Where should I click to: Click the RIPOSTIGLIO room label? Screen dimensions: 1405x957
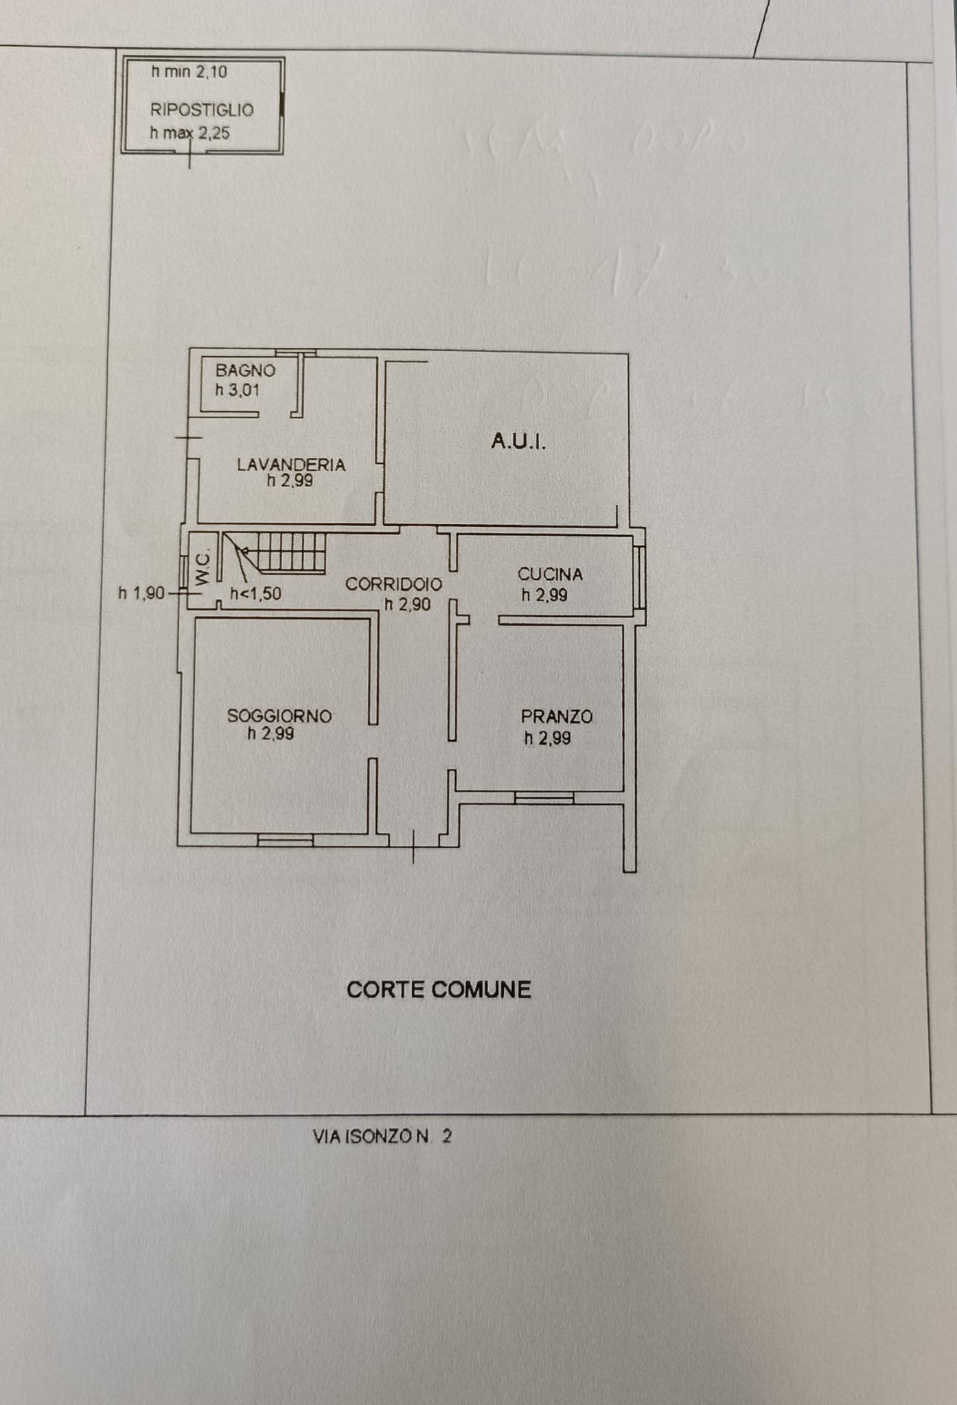[x=202, y=110]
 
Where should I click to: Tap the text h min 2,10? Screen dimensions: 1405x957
[x=189, y=71]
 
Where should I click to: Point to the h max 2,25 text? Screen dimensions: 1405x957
[x=189, y=133]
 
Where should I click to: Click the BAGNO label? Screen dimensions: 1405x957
[x=245, y=370]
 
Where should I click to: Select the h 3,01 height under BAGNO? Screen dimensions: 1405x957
[x=237, y=390]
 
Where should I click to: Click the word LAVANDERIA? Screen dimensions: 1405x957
[x=291, y=464]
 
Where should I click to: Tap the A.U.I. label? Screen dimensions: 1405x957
[x=518, y=441]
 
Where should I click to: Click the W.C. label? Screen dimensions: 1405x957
[x=202, y=569]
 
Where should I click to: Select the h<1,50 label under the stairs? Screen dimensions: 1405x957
[x=255, y=594]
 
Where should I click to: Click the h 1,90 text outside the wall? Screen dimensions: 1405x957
[x=141, y=593]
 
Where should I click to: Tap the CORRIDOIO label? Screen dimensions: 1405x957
[x=393, y=585]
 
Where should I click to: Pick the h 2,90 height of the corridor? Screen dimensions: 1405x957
[x=407, y=604]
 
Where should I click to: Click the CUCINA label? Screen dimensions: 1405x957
[x=550, y=574]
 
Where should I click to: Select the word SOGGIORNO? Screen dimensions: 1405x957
[x=279, y=716]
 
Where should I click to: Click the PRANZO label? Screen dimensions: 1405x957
[x=556, y=717]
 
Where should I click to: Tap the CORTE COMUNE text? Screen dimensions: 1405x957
[x=439, y=989]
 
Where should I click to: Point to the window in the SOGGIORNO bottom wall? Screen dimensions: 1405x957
[x=285, y=840]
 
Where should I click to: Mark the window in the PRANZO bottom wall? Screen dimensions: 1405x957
[x=544, y=797]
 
